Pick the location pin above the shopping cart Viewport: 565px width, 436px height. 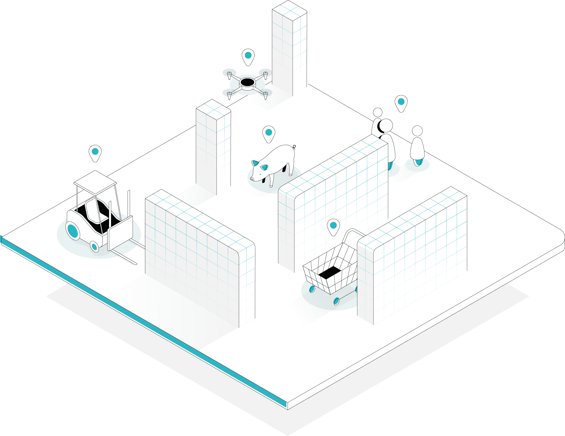tap(333, 226)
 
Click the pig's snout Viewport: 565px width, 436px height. tap(252, 179)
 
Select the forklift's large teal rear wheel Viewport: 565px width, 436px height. tap(73, 231)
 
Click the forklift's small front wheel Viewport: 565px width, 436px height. tap(94, 246)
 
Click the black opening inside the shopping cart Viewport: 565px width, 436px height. tap(330, 273)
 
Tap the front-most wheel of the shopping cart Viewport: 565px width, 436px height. tap(336, 301)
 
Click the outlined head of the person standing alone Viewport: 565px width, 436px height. tap(417, 131)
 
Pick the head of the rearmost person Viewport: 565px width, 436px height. tap(378, 112)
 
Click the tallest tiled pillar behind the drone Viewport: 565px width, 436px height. tap(290, 48)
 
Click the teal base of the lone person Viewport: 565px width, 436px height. tap(417, 162)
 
